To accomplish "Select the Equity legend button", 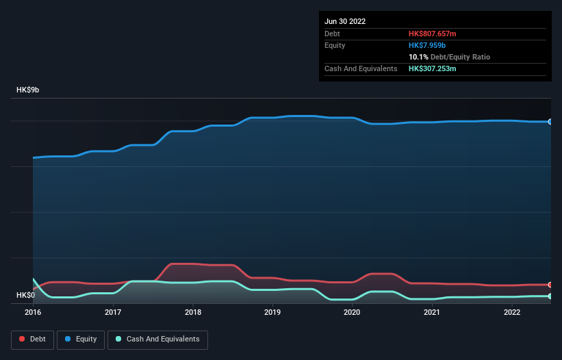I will [x=81, y=339].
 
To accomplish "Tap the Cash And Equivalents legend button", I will [x=157, y=339].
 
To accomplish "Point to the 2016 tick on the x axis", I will [x=33, y=312].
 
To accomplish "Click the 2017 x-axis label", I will [x=113, y=312].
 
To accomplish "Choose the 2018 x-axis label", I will [x=193, y=312].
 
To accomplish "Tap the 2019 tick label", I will [x=272, y=312].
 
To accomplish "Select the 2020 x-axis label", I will [x=352, y=312].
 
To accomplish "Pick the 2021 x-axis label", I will [x=432, y=312].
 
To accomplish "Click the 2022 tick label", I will [x=511, y=312].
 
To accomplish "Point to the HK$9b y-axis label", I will [x=28, y=90].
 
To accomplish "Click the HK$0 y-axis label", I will [x=25, y=295].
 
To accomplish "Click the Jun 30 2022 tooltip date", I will [x=345, y=21].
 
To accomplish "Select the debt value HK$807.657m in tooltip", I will [x=432, y=34].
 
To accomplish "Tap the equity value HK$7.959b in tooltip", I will [x=427, y=45].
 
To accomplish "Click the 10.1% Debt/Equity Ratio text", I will [x=449, y=57].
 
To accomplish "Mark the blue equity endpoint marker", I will [x=550, y=122].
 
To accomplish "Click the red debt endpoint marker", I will [x=550, y=285].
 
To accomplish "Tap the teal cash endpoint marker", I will [x=550, y=296].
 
